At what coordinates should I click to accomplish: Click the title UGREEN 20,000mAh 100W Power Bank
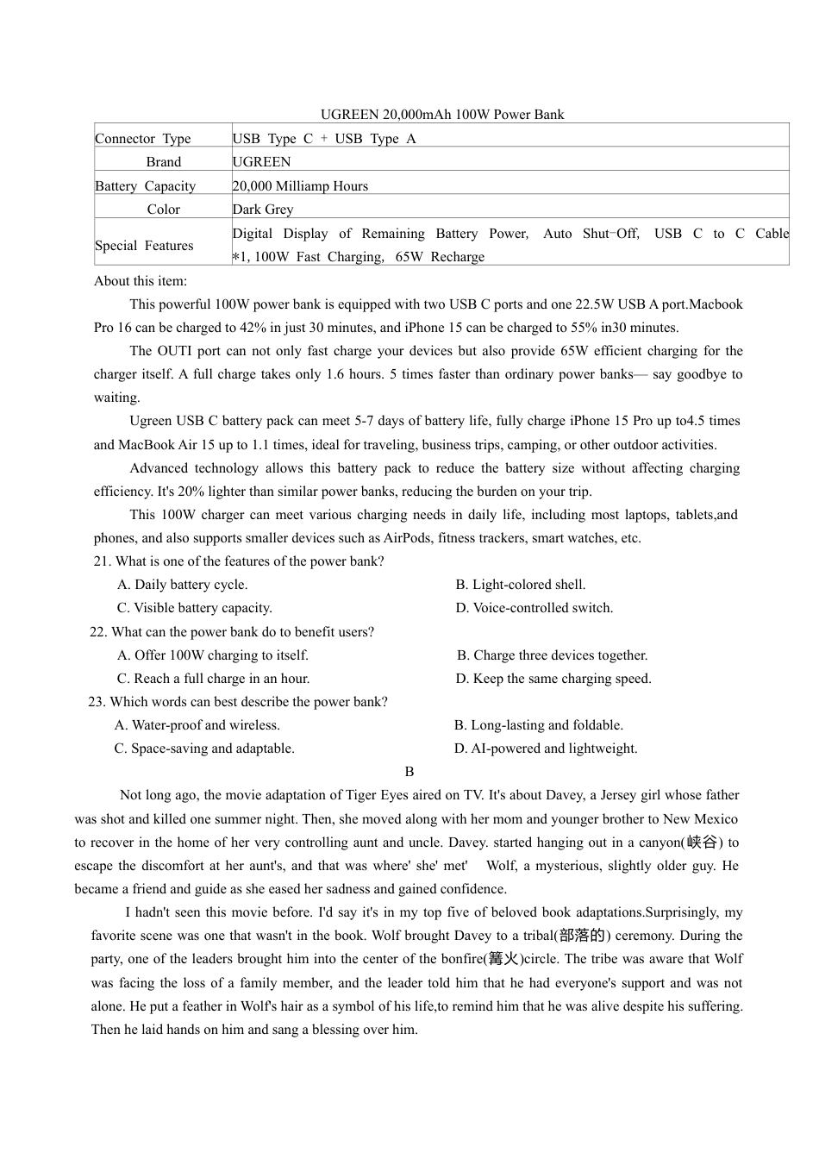click(x=442, y=115)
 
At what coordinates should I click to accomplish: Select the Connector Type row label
click(x=143, y=139)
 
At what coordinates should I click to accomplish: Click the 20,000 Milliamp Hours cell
click(x=300, y=186)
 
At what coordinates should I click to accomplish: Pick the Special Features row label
click(x=144, y=246)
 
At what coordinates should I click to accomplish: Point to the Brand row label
click(x=164, y=162)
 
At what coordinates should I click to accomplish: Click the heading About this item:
click(x=141, y=281)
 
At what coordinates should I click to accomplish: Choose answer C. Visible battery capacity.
click(x=195, y=608)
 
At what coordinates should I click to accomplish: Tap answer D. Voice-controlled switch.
click(x=535, y=608)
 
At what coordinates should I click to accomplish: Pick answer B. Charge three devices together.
click(x=552, y=655)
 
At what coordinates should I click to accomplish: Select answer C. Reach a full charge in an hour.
click(x=213, y=679)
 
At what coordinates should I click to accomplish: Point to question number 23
click(x=97, y=702)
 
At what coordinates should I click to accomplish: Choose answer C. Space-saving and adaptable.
click(x=204, y=749)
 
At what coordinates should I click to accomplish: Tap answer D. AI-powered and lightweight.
click(x=546, y=749)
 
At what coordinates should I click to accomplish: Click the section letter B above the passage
click(x=409, y=772)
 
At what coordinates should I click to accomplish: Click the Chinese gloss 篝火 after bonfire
click(x=503, y=959)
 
